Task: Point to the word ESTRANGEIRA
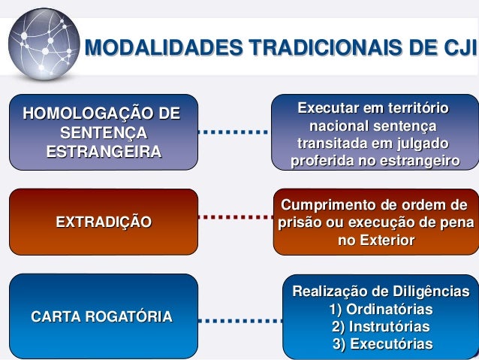tap(104, 152)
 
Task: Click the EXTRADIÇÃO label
tap(104, 222)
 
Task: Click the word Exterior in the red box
tap(386, 241)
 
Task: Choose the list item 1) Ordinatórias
tap(381, 310)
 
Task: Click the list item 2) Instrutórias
tap(381, 327)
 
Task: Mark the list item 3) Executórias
tap(382, 344)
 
